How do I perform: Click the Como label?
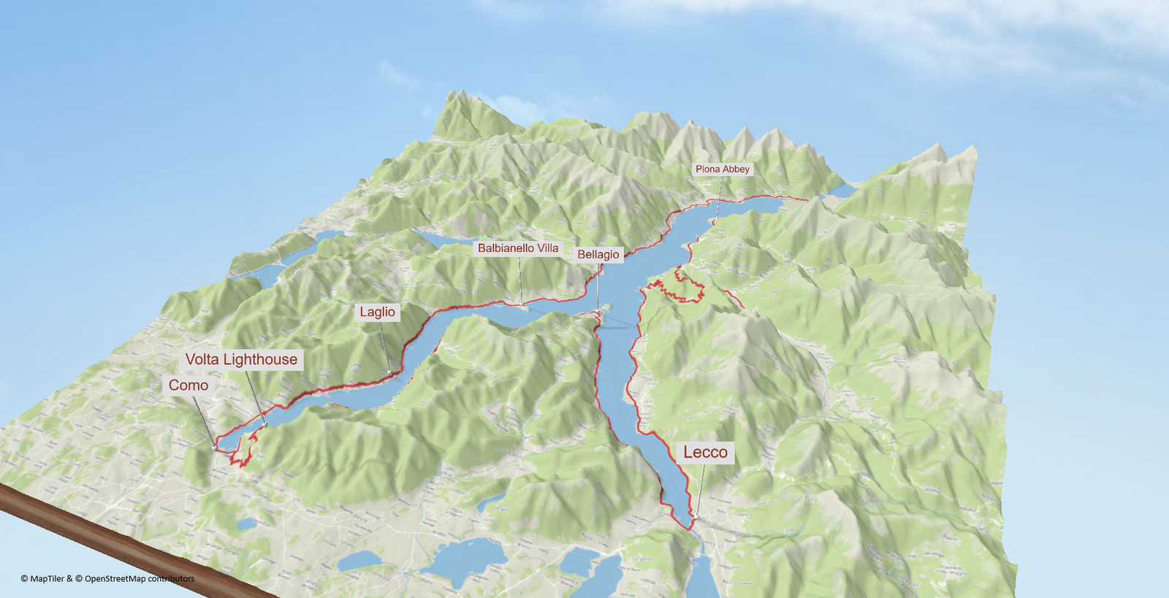tap(189, 386)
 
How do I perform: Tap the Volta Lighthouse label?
tap(241, 359)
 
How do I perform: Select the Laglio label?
tap(377, 312)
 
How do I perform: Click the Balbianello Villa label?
tap(518, 248)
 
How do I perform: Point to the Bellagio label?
tap(598, 254)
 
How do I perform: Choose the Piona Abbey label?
tap(722, 169)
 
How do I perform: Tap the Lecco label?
tap(705, 452)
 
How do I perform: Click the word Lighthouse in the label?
tap(260, 359)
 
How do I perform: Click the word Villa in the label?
tap(548, 248)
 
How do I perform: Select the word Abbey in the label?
tap(736, 169)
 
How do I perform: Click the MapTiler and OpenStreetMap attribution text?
tap(107, 578)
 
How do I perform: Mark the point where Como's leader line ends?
tap(215, 447)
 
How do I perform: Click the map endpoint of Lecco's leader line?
tap(696, 518)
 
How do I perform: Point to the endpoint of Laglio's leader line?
tap(390, 373)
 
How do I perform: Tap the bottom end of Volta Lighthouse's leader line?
tap(264, 425)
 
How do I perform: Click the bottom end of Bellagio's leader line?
tap(598, 312)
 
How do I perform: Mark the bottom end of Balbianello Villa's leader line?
tap(522, 304)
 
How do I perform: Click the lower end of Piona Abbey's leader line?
tap(717, 217)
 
